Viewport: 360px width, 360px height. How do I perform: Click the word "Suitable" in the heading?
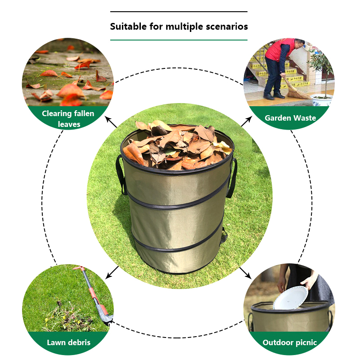[x=128, y=27]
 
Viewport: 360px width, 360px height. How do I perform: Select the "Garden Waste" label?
[x=290, y=118]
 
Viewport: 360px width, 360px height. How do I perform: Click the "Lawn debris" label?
[x=69, y=342]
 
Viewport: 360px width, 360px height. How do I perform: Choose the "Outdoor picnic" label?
[x=289, y=343]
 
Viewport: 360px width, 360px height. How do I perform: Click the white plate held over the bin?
[x=290, y=297]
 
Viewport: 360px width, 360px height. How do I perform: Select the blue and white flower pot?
[x=321, y=100]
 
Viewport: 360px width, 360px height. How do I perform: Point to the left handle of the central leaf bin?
[x=121, y=175]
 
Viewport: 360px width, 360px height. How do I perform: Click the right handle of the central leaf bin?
[x=231, y=177]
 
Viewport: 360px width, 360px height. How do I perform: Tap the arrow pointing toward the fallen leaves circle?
[x=111, y=122]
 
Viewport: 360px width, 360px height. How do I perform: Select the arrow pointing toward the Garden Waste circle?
[x=246, y=121]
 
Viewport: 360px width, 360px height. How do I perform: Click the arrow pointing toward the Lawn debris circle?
[x=112, y=273]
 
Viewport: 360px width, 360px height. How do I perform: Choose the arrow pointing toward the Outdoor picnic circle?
[x=245, y=273]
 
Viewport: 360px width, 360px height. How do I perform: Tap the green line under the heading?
[x=179, y=40]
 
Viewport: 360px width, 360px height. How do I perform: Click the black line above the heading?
[x=179, y=12]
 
